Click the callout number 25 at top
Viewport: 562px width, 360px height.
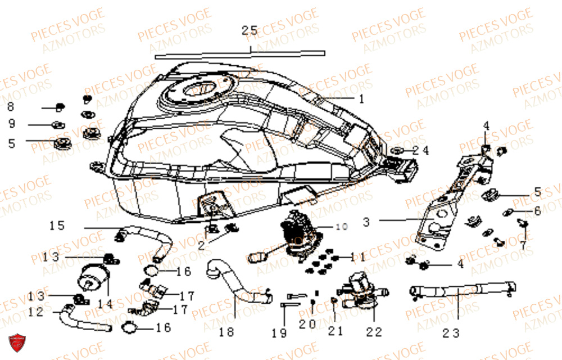(x=250, y=31)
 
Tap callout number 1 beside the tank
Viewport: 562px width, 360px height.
(x=362, y=99)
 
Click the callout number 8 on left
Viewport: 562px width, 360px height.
(x=11, y=106)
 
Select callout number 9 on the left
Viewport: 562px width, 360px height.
(x=12, y=124)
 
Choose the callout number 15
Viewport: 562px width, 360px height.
(x=57, y=226)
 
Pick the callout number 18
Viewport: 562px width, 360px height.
(x=226, y=332)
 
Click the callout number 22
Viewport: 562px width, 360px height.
(x=373, y=332)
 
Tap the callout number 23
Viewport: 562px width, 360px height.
(x=451, y=333)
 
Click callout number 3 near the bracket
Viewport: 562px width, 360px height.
(x=366, y=222)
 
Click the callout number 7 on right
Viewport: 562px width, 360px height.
(x=523, y=246)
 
